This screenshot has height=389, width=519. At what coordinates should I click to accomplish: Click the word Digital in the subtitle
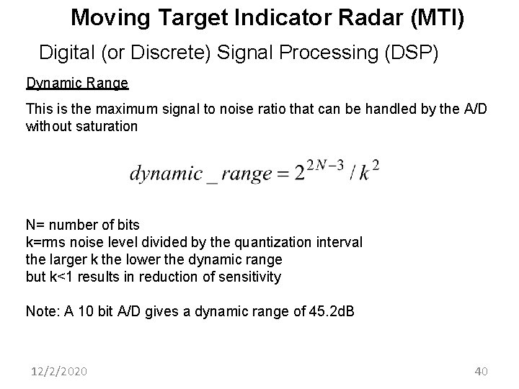(x=67, y=52)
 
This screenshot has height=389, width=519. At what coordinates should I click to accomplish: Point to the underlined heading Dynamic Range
(x=77, y=83)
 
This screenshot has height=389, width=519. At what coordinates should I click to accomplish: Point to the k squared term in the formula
(x=370, y=172)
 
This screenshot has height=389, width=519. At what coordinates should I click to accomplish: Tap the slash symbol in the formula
(x=352, y=174)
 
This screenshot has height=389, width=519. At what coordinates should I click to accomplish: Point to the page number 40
(x=482, y=372)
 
